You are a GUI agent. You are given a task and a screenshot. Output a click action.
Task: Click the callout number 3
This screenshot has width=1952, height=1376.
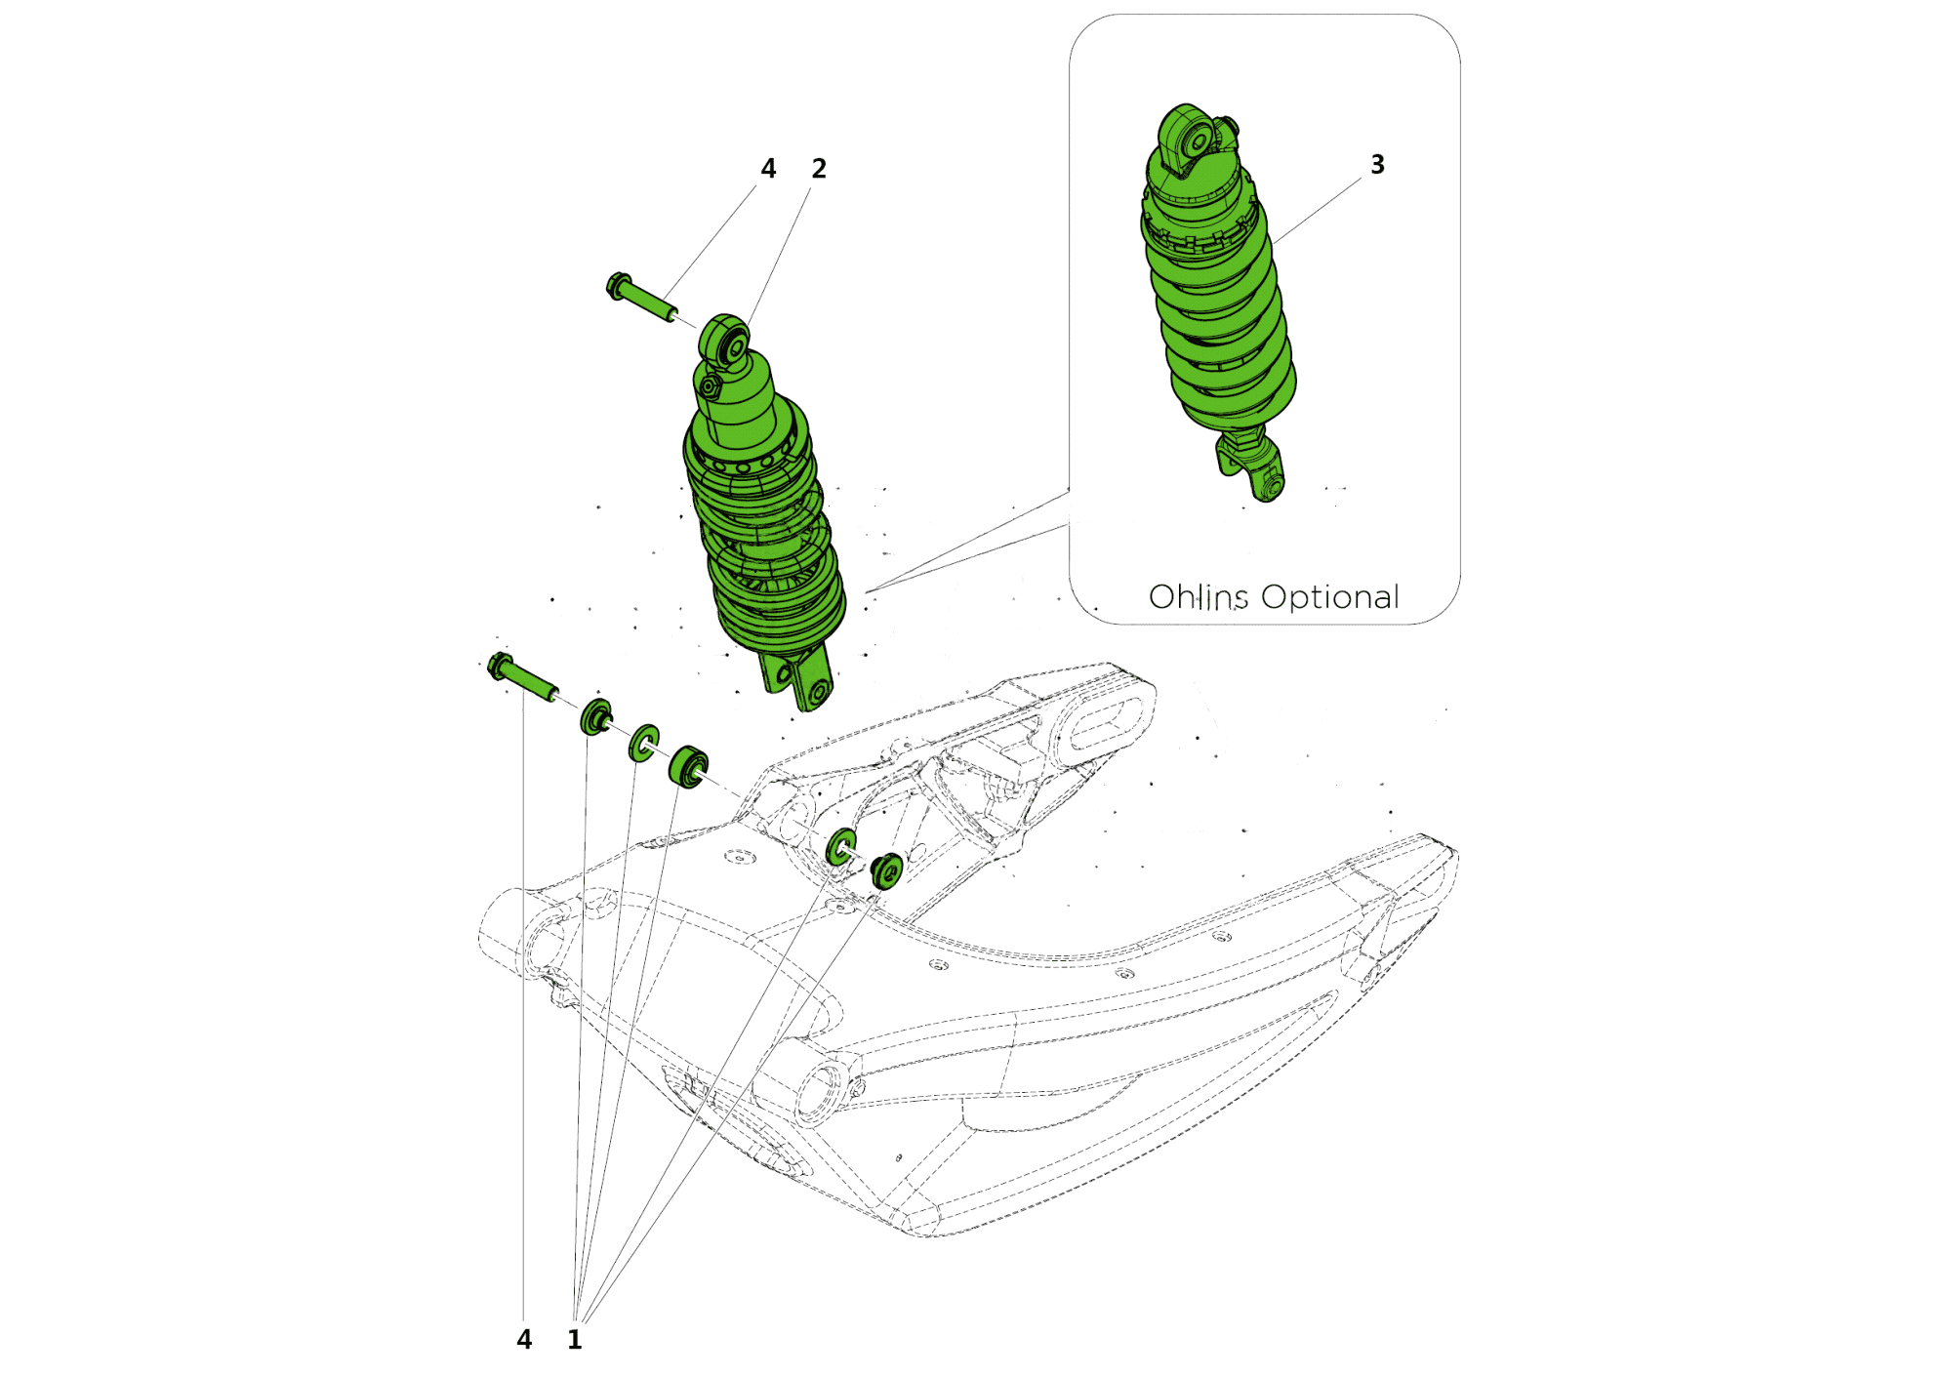(x=1377, y=165)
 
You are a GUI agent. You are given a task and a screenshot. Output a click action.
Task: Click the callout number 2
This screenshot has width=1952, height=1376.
(x=819, y=169)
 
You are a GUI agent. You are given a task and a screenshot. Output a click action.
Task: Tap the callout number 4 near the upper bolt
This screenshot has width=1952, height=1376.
(x=768, y=169)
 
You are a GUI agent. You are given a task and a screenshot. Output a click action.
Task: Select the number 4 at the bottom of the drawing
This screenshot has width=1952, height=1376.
(x=524, y=1340)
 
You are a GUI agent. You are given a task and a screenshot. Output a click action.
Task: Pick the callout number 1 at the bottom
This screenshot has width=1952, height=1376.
(x=575, y=1340)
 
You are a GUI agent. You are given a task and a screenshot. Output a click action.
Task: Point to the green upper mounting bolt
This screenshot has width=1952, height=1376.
(x=641, y=298)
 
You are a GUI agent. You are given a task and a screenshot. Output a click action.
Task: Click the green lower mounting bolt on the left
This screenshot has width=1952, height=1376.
(x=522, y=676)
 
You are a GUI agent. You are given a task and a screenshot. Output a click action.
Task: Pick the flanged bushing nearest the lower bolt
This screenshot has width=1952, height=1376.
(x=595, y=717)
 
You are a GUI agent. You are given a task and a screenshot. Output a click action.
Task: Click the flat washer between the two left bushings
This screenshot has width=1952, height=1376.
(x=644, y=743)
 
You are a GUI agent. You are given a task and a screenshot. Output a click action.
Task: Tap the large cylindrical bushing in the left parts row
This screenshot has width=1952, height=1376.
(x=688, y=766)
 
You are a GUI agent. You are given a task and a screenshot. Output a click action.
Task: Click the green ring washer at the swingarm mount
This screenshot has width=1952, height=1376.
(x=840, y=846)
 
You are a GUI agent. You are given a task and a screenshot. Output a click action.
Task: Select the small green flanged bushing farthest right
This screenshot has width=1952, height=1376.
(x=887, y=870)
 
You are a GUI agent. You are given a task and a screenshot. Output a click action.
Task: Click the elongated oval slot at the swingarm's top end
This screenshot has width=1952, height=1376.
(x=1112, y=717)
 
